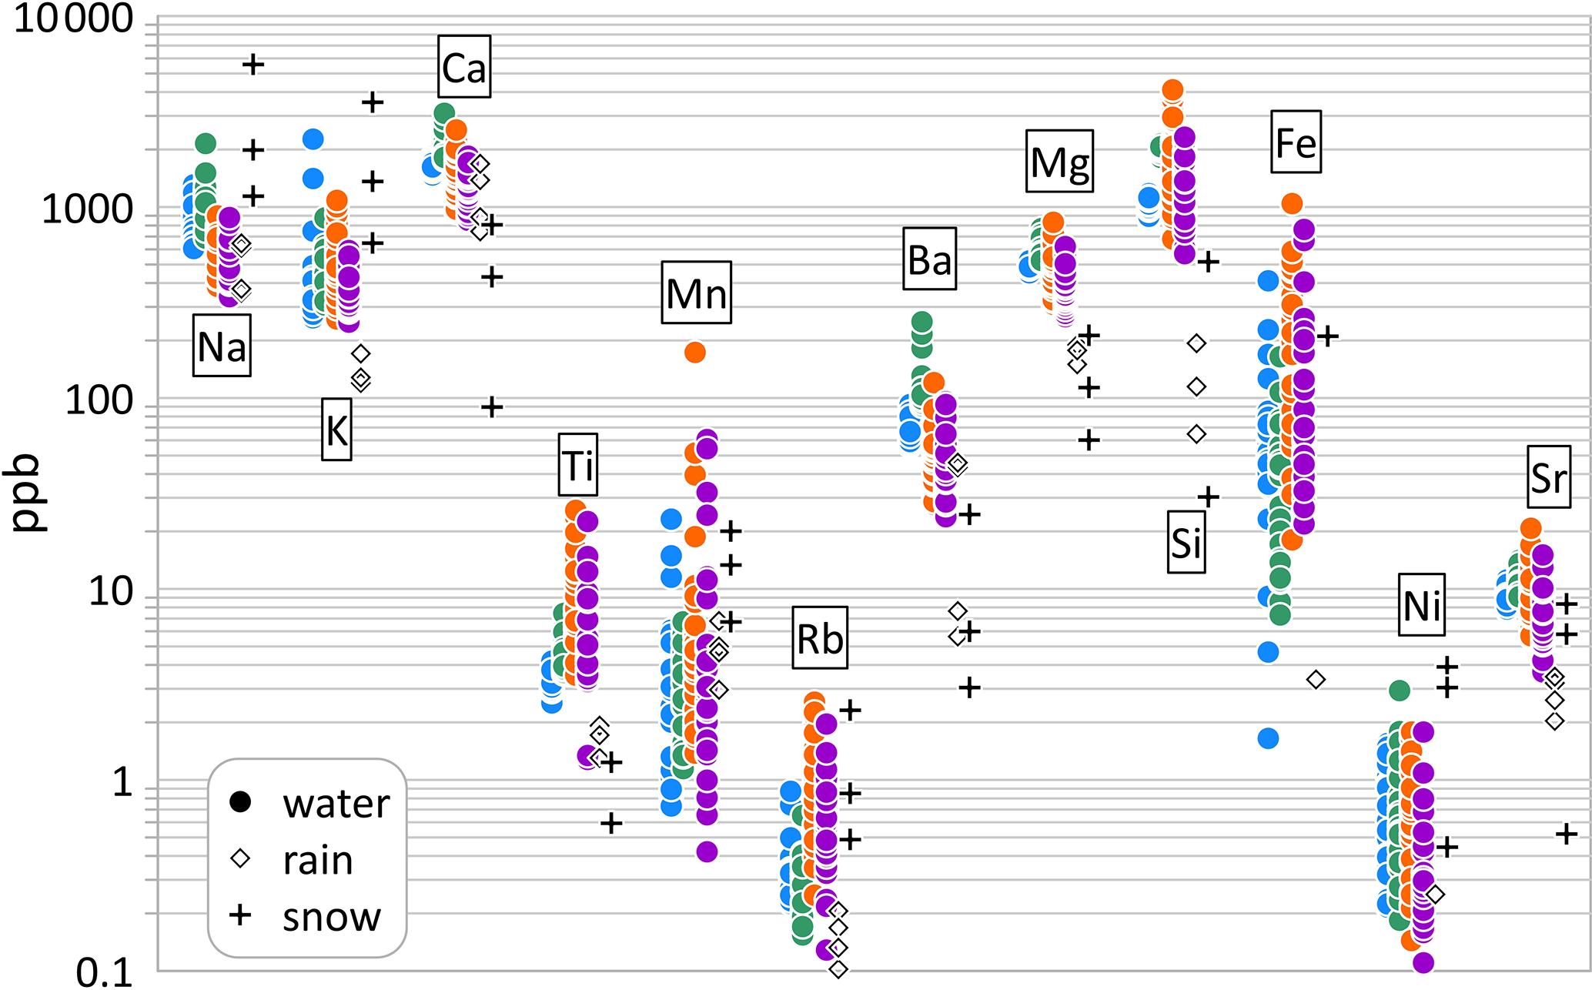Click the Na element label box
[x=222, y=345]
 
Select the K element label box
[x=336, y=430]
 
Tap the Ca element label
[x=464, y=67]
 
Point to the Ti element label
[x=577, y=465]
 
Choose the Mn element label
[x=696, y=293]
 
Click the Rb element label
[x=820, y=637]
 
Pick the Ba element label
[x=930, y=259]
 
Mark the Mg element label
[x=1059, y=161]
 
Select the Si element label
[x=1186, y=542]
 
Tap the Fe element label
[x=1296, y=142]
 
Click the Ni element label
[x=1421, y=604]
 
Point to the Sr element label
[x=1549, y=477]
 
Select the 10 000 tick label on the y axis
[x=74, y=18]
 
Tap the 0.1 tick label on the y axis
[x=105, y=973]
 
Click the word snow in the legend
[x=332, y=916]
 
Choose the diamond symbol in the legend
[x=240, y=858]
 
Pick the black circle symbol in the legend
[x=240, y=801]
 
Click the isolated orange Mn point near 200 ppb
[x=694, y=353]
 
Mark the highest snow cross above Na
[x=253, y=65]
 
